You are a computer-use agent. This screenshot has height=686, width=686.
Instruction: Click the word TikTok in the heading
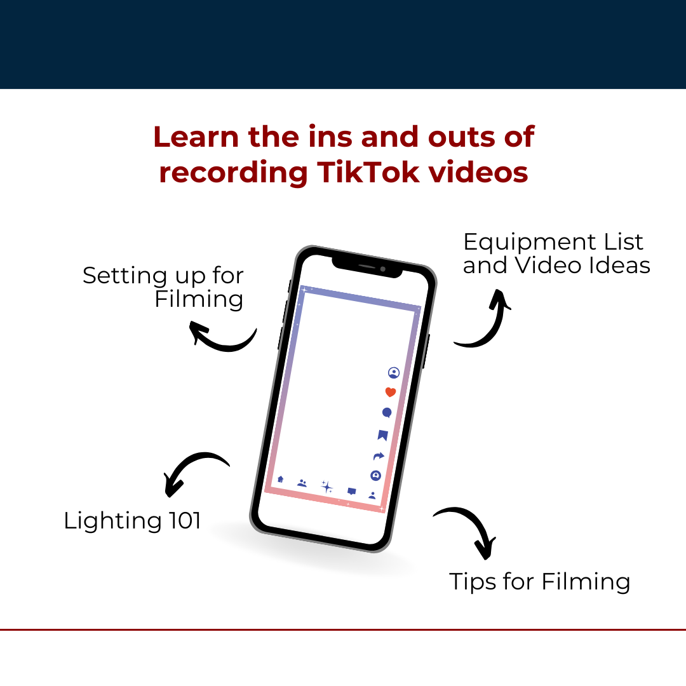[x=368, y=172]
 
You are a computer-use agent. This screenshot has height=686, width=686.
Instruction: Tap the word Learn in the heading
[x=196, y=137]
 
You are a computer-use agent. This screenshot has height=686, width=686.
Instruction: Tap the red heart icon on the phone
[x=391, y=392]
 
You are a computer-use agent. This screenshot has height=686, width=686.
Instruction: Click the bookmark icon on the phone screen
[x=383, y=435]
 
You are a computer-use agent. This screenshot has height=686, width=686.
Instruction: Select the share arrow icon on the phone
[x=379, y=456]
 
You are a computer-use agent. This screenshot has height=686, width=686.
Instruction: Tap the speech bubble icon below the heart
[x=387, y=413]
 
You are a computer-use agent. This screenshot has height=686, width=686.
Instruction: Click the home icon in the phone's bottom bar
[x=281, y=479]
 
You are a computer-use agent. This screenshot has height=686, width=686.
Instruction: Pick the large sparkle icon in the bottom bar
[x=327, y=487]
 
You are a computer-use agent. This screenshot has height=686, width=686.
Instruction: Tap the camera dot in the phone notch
[x=383, y=269]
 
